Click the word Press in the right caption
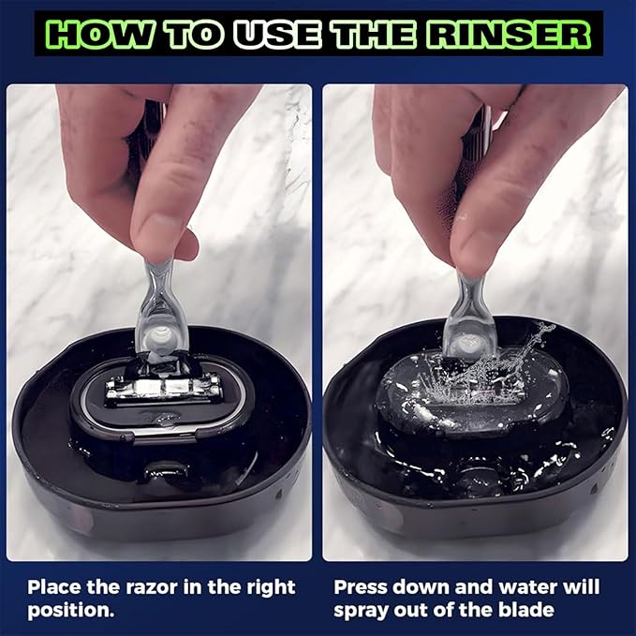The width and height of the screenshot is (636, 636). tap(361, 587)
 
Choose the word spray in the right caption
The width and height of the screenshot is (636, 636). tap(361, 610)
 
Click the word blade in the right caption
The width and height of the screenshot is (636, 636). tap(527, 610)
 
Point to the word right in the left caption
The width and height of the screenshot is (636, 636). tap(265, 587)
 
